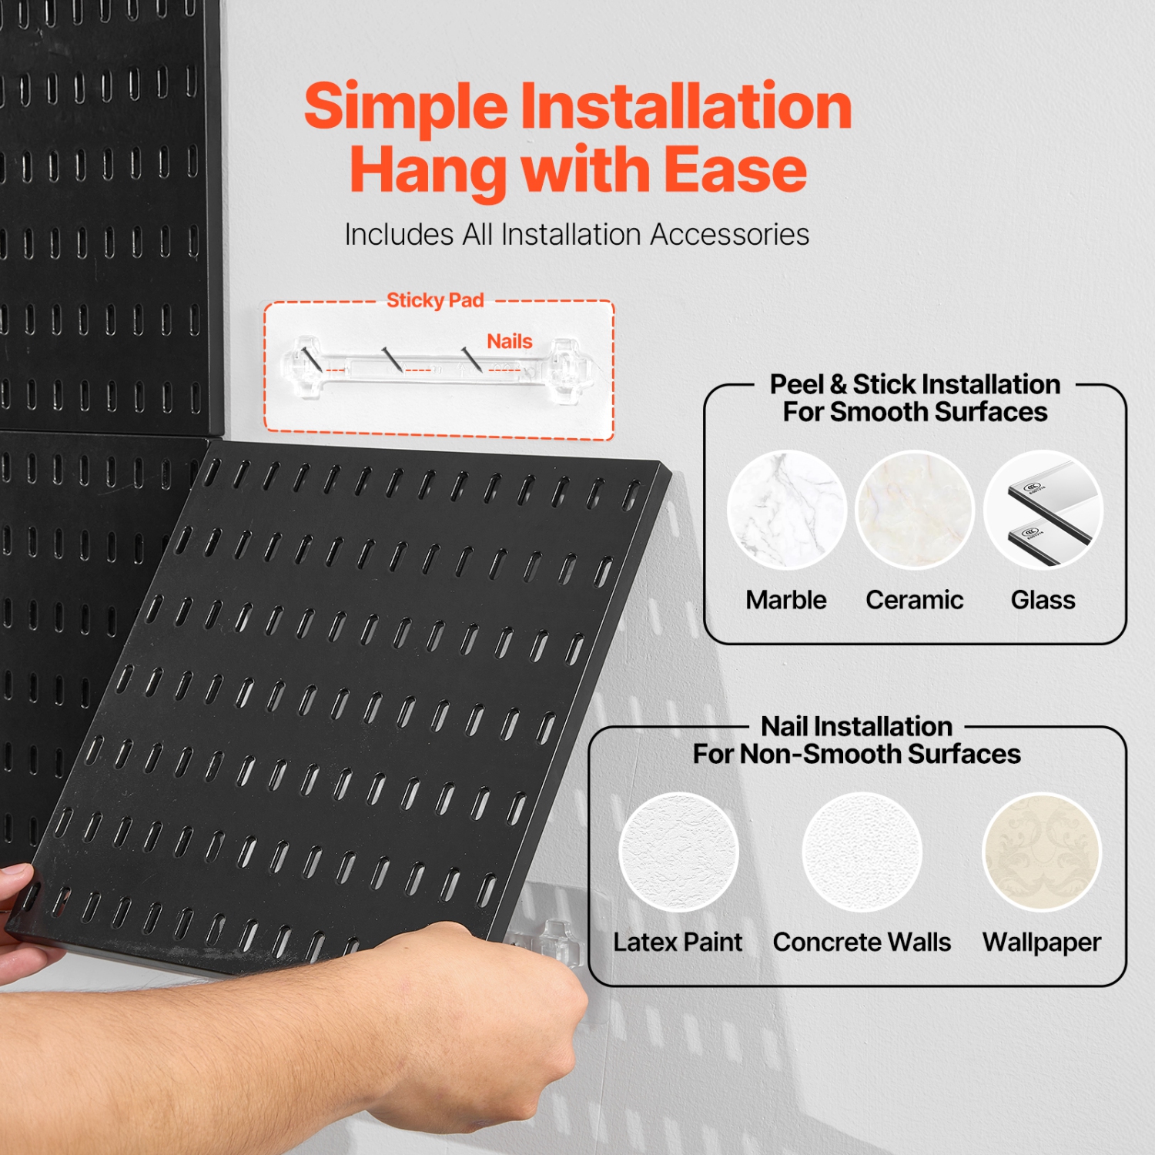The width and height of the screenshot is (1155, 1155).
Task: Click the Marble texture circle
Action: tap(786, 510)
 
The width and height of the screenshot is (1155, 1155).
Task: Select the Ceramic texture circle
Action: tap(915, 510)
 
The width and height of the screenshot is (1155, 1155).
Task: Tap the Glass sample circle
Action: tap(1043, 510)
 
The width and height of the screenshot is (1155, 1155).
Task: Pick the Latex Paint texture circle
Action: tap(678, 852)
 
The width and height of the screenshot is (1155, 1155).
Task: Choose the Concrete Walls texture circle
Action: tap(862, 852)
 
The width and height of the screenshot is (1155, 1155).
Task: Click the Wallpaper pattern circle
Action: tap(1042, 852)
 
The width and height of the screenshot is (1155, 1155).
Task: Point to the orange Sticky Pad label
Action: tap(435, 300)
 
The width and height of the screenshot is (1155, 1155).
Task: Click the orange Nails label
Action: tap(510, 341)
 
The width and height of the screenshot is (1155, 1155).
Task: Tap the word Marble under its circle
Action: tap(786, 600)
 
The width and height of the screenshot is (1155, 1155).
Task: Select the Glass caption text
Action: tap(1043, 600)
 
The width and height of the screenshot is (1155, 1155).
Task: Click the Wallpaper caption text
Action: tap(1042, 942)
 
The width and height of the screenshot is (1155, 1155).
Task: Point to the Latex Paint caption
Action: tap(678, 942)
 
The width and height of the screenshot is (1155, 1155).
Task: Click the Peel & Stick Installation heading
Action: tap(915, 384)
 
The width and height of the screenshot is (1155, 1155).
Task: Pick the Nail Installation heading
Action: tap(856, 726)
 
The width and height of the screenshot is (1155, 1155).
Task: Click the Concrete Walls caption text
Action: tap(862, 942)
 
